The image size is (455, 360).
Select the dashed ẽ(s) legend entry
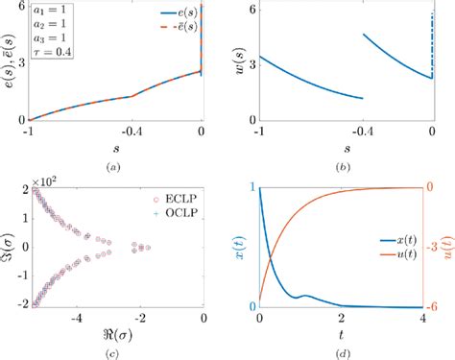[x=174, y=31]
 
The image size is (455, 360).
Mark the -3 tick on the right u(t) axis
[x=435, y=247]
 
